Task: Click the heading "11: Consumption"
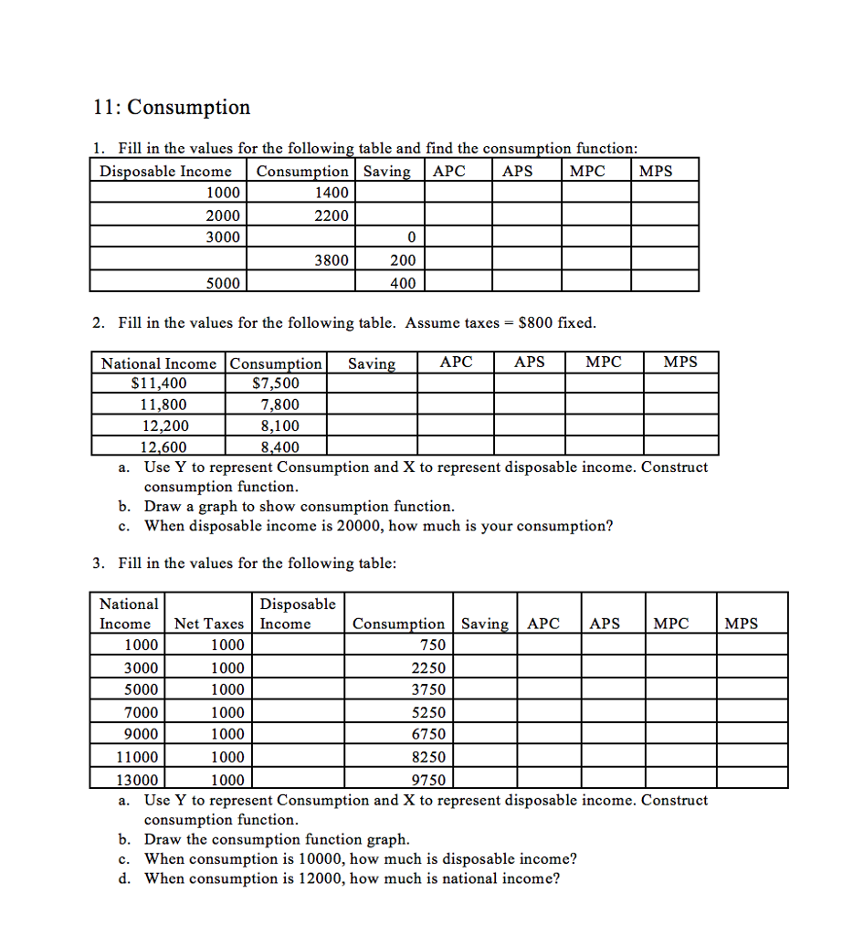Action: [x=171, y=108]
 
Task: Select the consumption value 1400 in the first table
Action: [x=331, y=193]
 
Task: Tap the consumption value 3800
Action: [x=331, y=260]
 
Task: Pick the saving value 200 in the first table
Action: [x=402, y=260]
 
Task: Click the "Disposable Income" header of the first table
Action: [x=165, y=171]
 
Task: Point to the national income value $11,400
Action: [x=160, y=383]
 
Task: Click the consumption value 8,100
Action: [x=279, y=425]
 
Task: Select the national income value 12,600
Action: [x=162, y=446]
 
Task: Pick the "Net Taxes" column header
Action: [x=208, y=624]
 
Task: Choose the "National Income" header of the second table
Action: [x=159, y=362]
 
